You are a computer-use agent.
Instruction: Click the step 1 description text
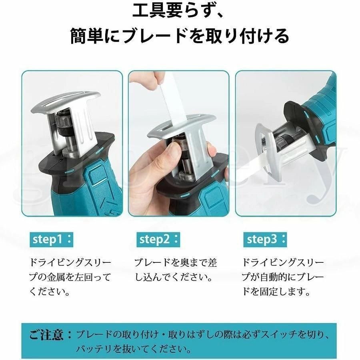coord(70,277)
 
